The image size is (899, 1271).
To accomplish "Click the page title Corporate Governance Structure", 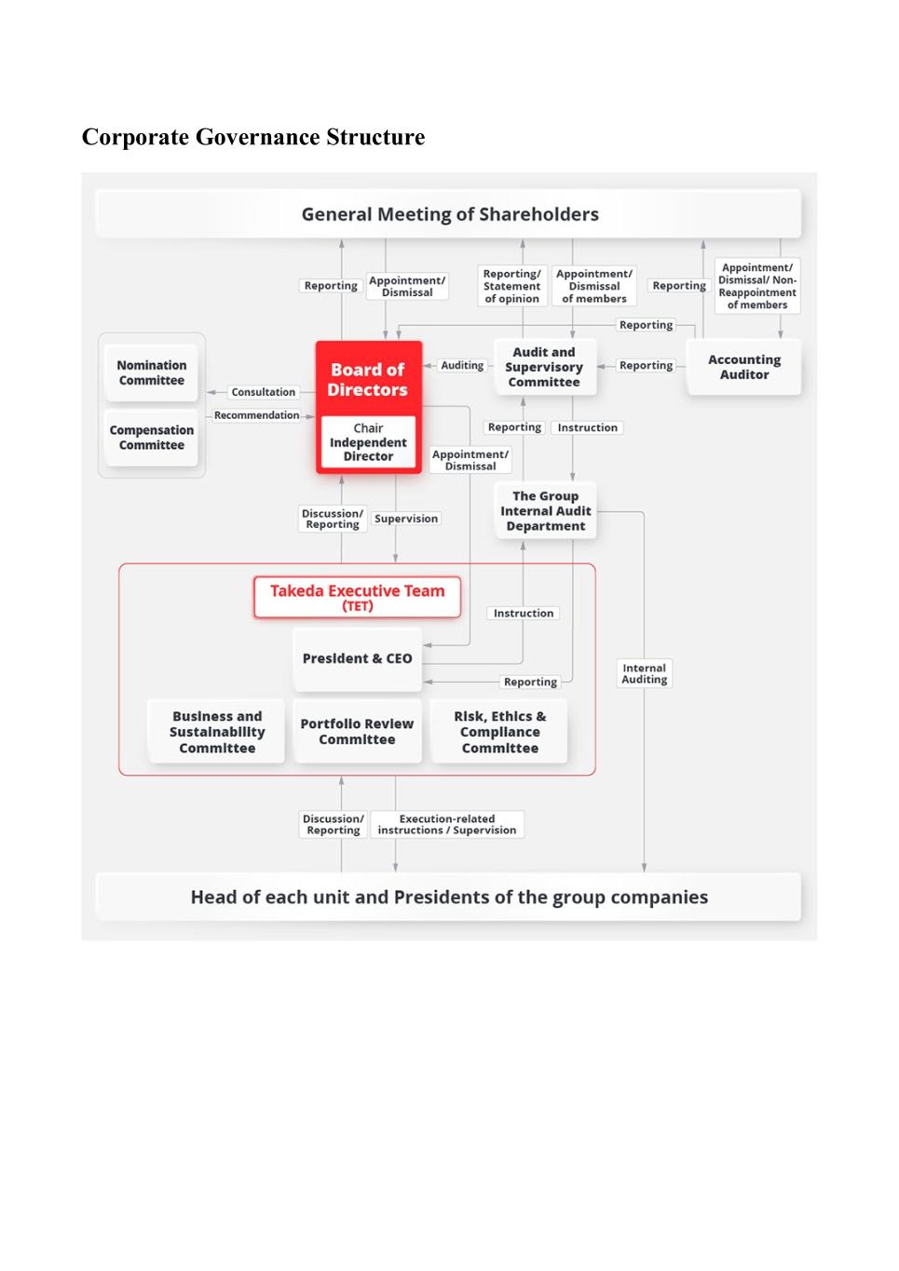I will coord(253,137).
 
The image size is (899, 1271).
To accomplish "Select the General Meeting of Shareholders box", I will coord(449,214).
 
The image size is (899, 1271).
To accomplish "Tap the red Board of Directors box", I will coord(368,379).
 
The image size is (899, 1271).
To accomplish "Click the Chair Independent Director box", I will coord(368,442).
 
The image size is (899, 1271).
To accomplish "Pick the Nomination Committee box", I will coord(152,372).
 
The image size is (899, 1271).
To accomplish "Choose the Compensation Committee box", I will coord(152,438).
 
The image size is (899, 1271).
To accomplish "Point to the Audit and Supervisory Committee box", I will coord(544,367).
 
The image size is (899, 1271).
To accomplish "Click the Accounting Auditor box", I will coord(744,367).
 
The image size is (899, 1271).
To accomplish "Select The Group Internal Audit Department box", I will coord(546,511).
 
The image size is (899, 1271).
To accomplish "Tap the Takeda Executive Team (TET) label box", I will coord(358,597).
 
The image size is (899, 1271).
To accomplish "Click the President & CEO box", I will coord(357,658).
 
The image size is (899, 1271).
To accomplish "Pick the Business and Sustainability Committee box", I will coord(217,732).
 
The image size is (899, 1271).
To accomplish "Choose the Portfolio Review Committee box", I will coord(357,732).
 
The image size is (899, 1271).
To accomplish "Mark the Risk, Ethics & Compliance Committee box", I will coord(499,732).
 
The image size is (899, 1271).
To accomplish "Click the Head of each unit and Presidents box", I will coord(449,897).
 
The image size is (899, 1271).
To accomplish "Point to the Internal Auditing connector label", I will coord(645,673).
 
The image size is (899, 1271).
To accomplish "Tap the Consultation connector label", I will coord(264,392).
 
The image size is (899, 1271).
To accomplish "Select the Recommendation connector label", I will coord(257,415).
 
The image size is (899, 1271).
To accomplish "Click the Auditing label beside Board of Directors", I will coord(462,366).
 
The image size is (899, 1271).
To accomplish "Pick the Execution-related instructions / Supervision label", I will coord(447,824).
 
